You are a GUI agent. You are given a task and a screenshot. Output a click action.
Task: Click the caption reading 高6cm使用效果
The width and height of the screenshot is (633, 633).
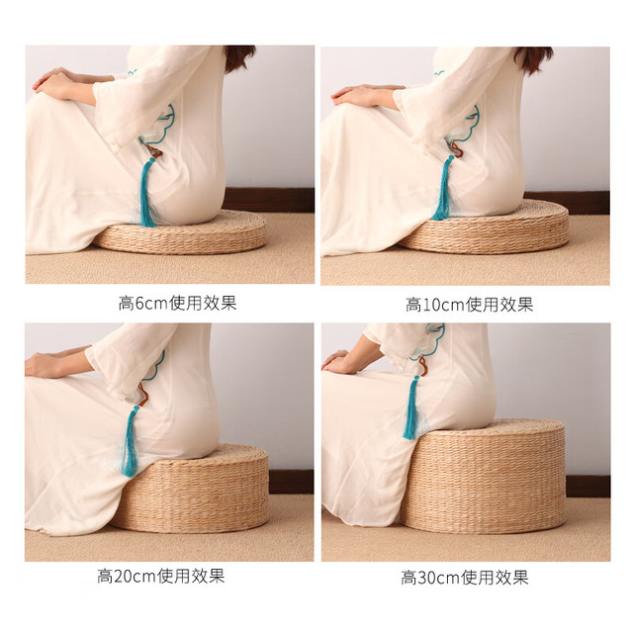tap(177, 303)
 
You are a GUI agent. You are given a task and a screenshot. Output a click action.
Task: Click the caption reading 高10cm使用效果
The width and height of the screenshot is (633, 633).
tap(469, 305)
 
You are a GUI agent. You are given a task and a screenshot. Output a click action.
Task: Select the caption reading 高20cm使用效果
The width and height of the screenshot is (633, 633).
tap(160, 576)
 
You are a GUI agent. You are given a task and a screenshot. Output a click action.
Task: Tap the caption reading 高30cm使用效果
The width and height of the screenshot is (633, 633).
tap(465, 578)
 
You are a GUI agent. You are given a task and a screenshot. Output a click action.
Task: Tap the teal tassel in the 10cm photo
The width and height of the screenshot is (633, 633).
tap(443, 189)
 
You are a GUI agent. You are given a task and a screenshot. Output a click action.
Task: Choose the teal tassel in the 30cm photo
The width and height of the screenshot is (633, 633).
tap(411, 407)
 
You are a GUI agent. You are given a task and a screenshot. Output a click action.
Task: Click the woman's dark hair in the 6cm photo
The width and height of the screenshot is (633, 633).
tap(239, 57)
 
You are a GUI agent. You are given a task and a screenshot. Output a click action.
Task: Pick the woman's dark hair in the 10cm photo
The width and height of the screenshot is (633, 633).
tap(533, 59)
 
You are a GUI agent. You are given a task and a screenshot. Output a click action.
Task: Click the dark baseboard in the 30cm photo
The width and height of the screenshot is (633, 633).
tap(588, 486)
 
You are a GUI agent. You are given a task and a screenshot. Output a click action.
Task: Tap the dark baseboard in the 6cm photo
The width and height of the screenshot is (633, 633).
tap(268, 200)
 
